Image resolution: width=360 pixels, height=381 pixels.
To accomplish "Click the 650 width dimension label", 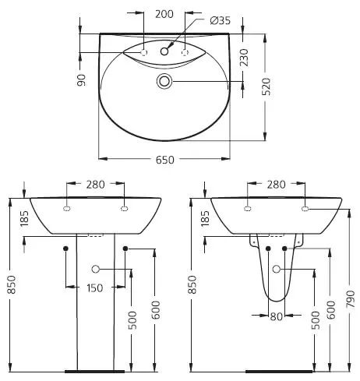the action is tap(164, 160).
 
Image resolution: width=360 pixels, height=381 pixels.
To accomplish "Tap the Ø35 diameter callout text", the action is tap(220, 20).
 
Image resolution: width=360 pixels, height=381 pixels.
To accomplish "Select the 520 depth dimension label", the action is tap(266, 86).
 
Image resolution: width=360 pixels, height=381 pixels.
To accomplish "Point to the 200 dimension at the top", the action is tap(164, 14).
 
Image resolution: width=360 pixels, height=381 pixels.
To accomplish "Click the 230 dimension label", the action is tap(244, 57).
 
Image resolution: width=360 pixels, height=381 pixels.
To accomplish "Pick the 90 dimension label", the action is tap(81, 80).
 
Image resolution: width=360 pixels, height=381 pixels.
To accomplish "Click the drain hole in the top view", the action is tap(164, 81).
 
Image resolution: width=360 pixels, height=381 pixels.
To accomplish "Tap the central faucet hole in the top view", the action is tap(164, 51).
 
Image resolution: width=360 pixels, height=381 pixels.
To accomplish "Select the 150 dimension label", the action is tap(94, 288).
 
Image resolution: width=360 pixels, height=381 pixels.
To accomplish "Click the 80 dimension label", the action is tap(276, 316).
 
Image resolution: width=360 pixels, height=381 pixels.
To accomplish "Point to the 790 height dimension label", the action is tap(351, 299).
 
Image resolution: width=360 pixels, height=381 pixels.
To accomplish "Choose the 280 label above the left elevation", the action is tap(96, 185).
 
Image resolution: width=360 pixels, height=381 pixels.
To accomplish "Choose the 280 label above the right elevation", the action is tap(276, 185).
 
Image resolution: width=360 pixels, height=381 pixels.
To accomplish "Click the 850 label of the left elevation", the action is tap(12, 284).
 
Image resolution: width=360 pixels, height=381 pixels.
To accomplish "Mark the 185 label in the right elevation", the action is tap(205, 218).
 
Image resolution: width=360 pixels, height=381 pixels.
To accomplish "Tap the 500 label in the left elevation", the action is tap(132, 320).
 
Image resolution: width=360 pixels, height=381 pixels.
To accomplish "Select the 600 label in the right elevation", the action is tap(331, 310).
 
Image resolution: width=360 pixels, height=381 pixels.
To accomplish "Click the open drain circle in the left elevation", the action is tap(96, 269).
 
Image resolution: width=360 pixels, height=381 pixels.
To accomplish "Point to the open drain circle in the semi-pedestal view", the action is tap(277, 269).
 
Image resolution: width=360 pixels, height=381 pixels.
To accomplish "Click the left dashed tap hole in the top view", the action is tap(143, 52).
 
